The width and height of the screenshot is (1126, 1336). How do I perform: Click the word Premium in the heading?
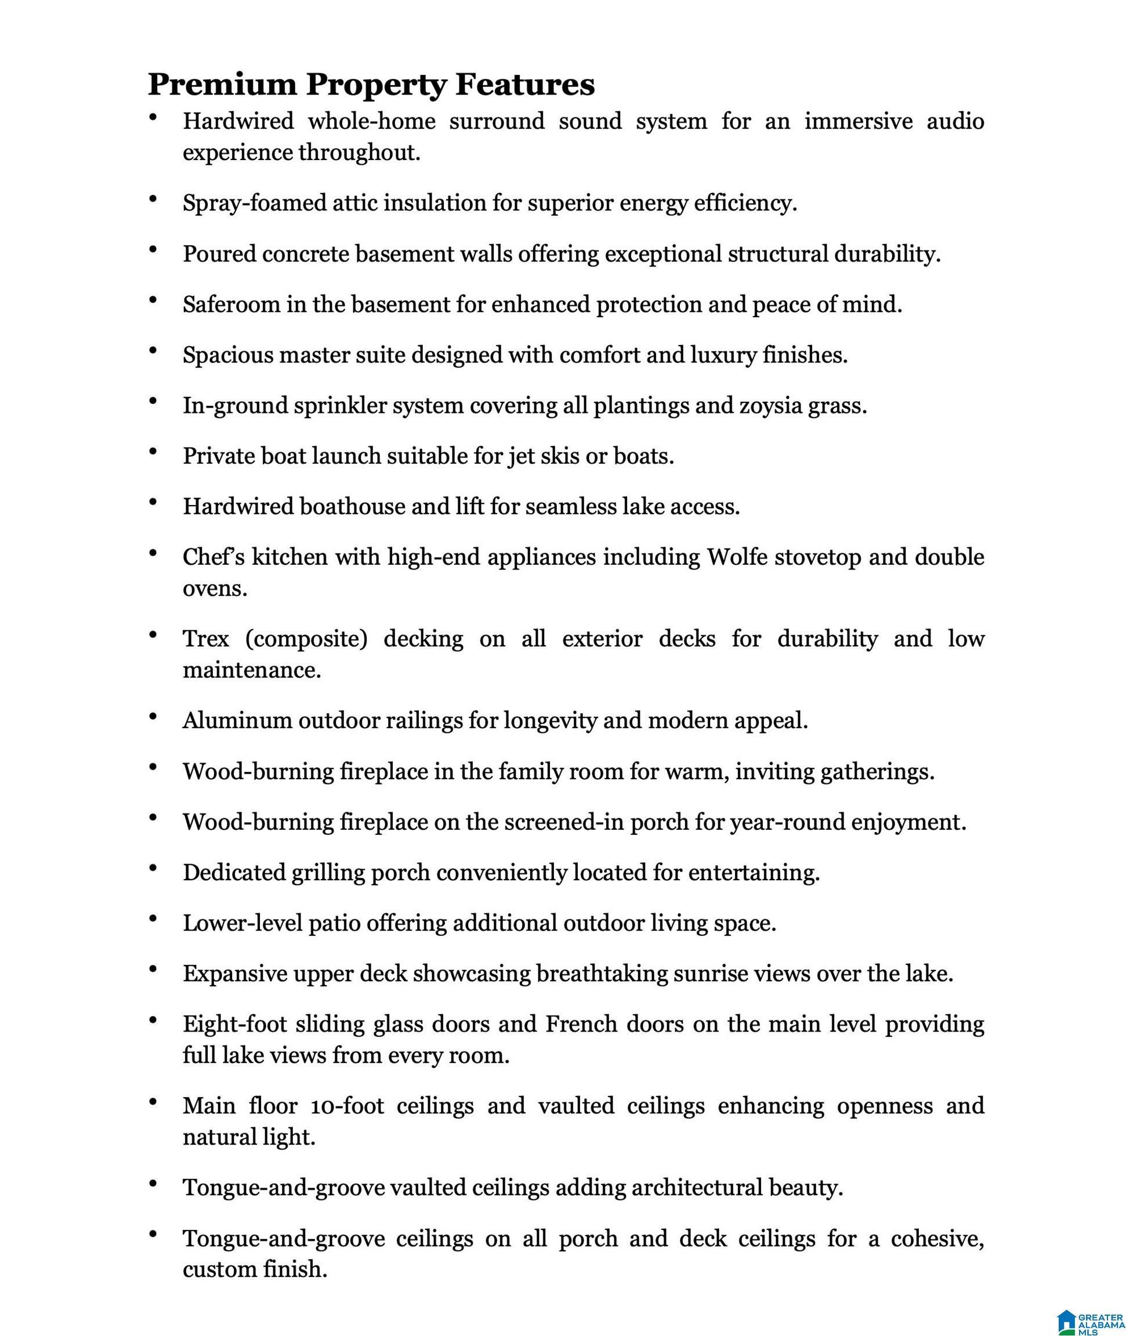point(222,85)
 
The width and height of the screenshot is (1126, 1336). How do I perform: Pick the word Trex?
point(205,638)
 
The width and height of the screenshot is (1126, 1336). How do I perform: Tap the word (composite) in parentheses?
point(306,638)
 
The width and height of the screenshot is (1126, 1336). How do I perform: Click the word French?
point(580,1024)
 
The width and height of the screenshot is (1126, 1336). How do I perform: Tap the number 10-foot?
point(347,1106)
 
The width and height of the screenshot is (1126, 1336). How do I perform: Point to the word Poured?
point(219,254)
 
